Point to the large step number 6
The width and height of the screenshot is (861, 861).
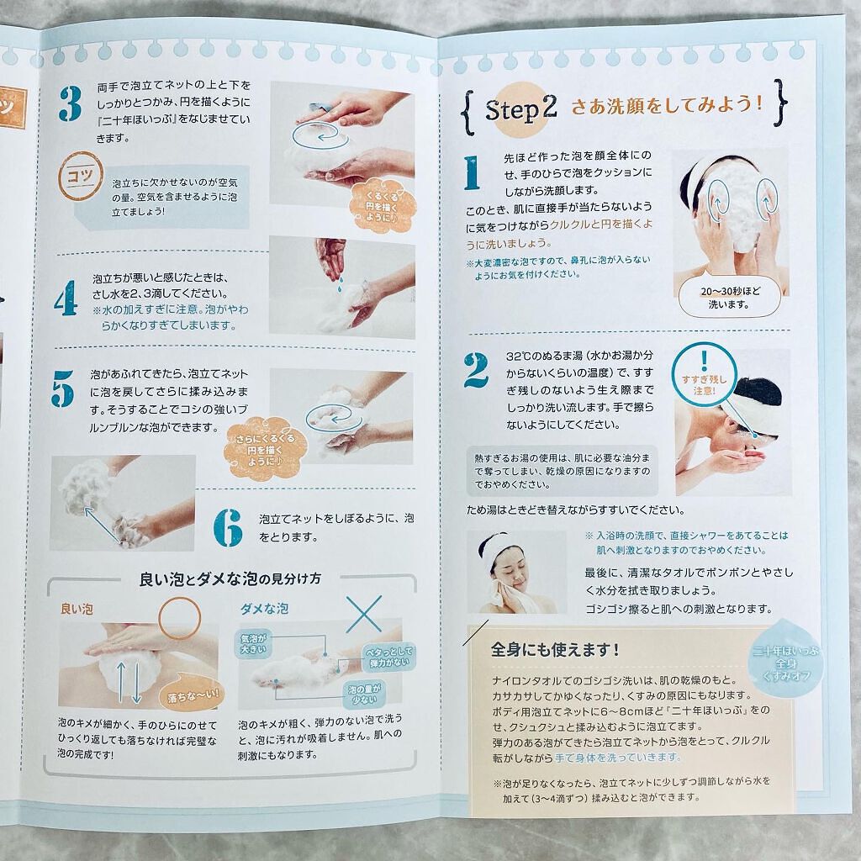point(226,526)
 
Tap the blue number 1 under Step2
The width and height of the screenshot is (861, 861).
point(471,174)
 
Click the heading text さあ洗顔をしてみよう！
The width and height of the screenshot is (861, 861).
point(667,107)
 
